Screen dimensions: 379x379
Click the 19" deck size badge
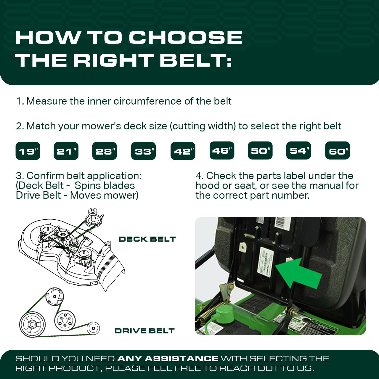pos(28,151)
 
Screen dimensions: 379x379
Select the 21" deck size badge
pos(66,151)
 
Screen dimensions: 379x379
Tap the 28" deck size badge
pos(105,151)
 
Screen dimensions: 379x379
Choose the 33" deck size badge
pos(143,151)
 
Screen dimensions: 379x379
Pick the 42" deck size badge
pos(183,151)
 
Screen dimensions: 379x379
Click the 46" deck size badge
pos(222,150)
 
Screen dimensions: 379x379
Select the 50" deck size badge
pos(260,150)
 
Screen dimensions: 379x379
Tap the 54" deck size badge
pos(298,150)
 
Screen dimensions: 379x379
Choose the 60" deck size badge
pos(338,151)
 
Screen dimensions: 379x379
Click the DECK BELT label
pos(147,239)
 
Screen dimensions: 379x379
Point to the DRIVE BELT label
pos(144,331)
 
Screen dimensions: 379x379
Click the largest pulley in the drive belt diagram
pos(32,325)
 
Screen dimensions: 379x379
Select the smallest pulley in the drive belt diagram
pos(93,328)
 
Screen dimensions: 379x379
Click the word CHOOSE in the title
pos(185,38)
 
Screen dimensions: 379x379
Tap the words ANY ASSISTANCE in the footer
pos(168,359)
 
